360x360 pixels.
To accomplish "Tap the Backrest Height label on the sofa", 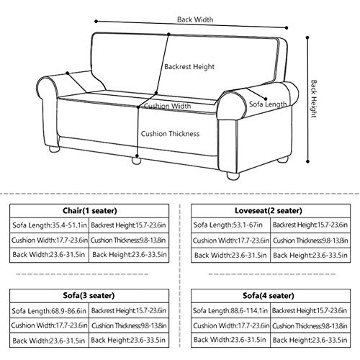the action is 189,67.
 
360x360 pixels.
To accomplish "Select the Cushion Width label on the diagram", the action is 168,106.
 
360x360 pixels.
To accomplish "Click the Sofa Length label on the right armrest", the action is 267,105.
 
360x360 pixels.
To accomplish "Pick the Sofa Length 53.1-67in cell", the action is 225,225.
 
